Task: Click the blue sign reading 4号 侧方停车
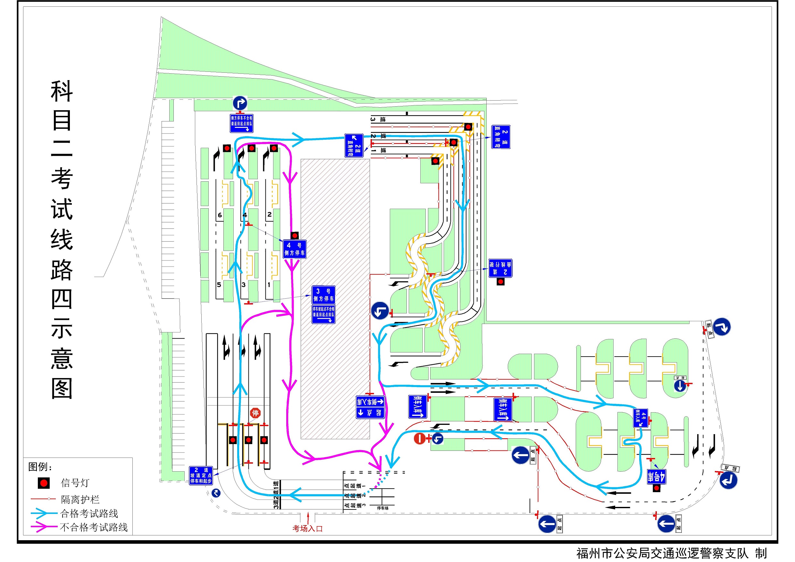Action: click(294, 249)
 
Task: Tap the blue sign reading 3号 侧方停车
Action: click(323, 295)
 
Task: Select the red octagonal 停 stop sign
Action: click(255, 413)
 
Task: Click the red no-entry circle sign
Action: click(420, 438)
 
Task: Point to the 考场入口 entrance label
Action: click(307, 528)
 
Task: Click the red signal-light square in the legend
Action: click(44, 483)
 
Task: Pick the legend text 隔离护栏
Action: click(80, 500)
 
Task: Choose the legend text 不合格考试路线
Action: click(94, 527)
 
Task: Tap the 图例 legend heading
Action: click(39, 467)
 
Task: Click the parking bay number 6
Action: click(220, 215)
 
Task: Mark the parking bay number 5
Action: click(219, 285)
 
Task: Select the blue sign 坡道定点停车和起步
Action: click(201, 475)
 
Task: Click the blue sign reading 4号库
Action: click(657, 477)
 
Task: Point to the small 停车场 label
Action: click(383, 508)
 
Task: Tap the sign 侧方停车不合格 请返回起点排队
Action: click(241, 123)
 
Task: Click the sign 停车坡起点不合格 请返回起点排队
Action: click(323, 314)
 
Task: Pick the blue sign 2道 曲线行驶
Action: click(500, 268)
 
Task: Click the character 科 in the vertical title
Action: click(62, 91)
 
